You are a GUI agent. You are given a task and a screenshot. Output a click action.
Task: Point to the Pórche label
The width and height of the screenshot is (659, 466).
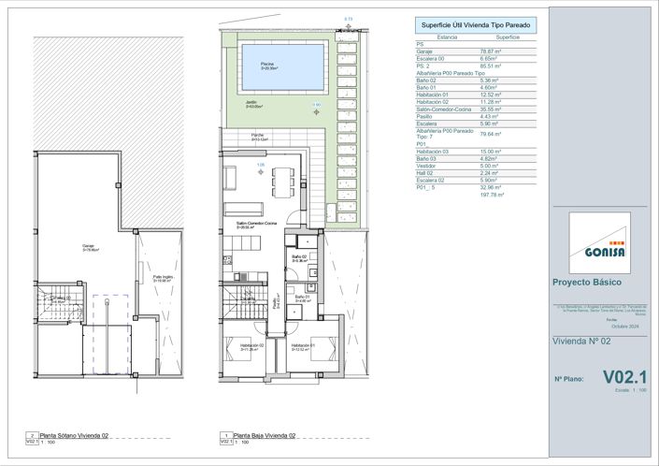pos(256,137)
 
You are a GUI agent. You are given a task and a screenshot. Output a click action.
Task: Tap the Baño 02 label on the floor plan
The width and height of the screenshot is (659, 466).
pos(298,257)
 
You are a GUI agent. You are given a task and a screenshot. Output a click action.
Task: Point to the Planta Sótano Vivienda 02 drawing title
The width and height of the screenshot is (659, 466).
pos(75,435)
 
